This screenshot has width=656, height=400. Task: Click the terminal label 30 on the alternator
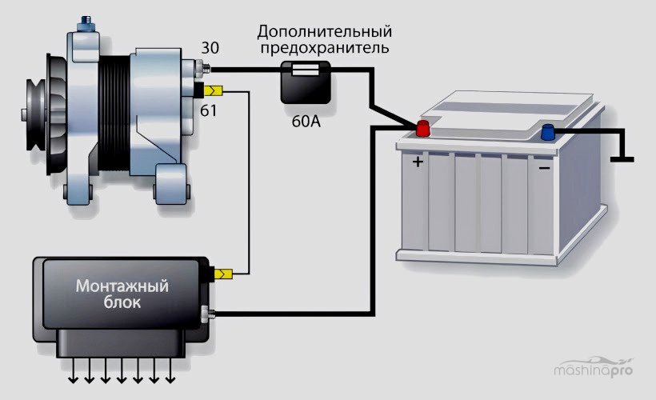tap(210, 47)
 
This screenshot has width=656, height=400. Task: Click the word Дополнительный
tap(324, 32)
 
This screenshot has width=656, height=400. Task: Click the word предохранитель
tap(324, 49)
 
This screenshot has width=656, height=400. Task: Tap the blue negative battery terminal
tap(548, 133)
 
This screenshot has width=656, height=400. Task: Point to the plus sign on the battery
tap(417, 162)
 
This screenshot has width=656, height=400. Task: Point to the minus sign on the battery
tap(543, 169)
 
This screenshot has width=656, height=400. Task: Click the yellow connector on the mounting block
tap(224, 274)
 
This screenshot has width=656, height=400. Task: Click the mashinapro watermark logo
tap(598, 370)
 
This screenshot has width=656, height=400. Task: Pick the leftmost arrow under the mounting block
tap(73, 369)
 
